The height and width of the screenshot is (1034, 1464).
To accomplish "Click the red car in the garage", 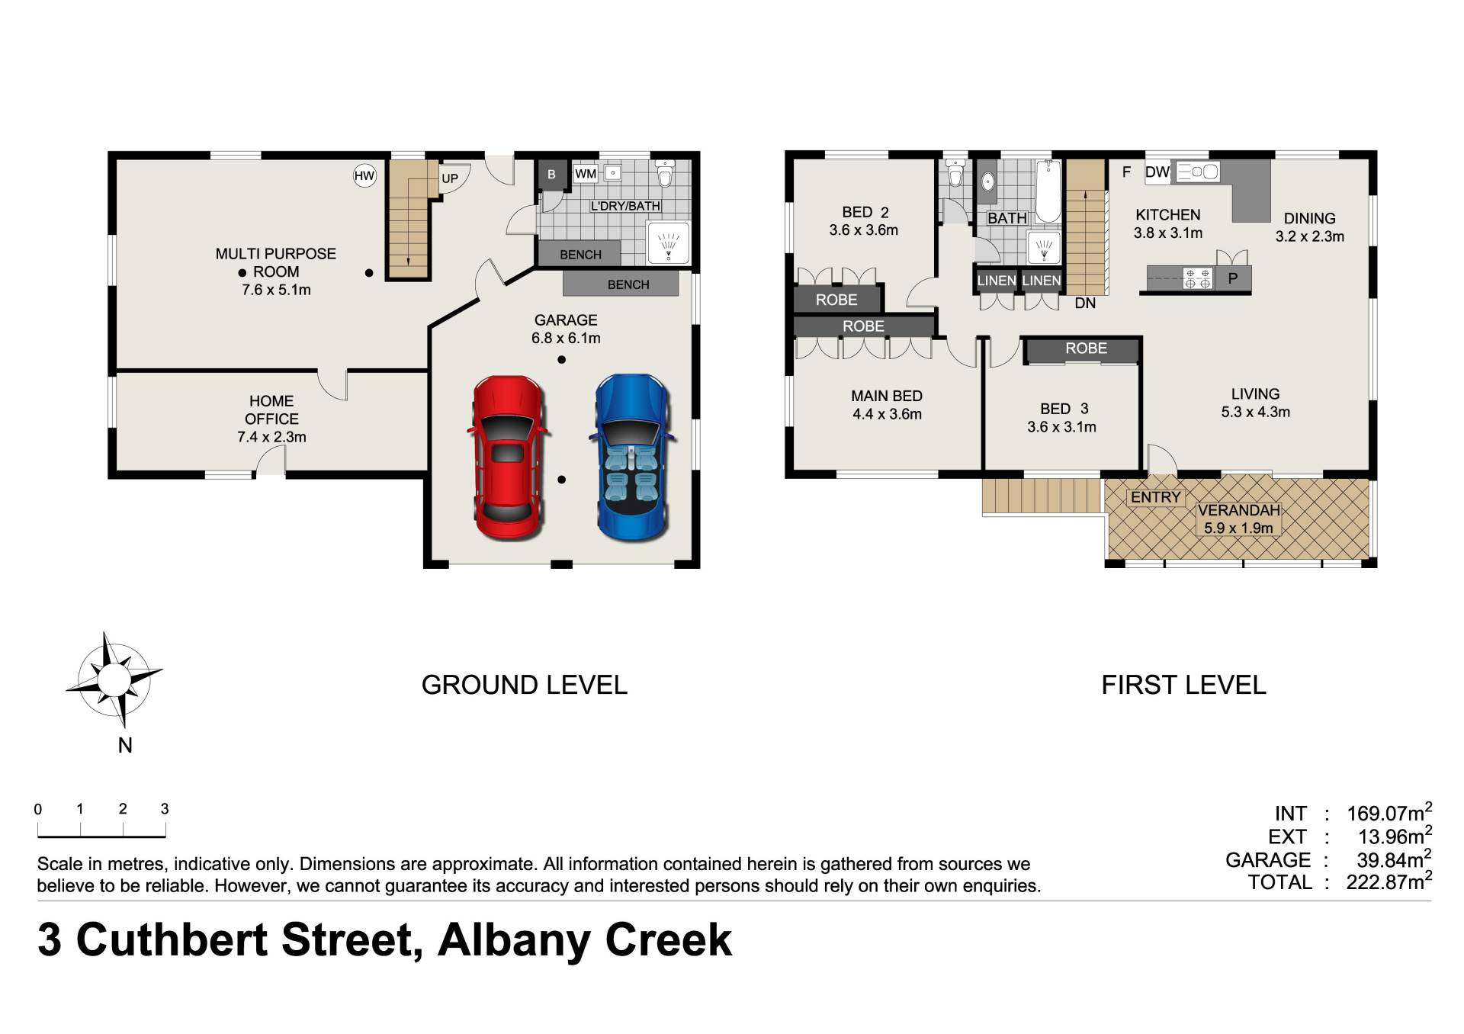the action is click(x=508, y=458).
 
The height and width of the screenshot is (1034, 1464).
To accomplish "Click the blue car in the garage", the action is click(x=631, y=458).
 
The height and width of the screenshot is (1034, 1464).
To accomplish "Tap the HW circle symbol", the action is click(x=364, y=176).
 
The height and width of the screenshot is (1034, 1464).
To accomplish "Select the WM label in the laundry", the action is click(x=586, y=174).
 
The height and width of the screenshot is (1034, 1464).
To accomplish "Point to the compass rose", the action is click(x=114, y=679).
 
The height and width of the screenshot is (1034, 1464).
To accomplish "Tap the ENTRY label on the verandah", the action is click(x=1155, y=497).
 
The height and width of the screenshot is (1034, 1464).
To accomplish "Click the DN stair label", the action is click(x=1085, y=303).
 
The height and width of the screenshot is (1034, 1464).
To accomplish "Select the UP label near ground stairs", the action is click(x=450, y=178).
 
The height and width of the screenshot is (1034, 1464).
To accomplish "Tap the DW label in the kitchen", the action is click(x=1157, y=172).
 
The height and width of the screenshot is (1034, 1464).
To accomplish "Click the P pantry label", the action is click(x=1232, y=279).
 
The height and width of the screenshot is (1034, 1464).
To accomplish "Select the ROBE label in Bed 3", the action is click(x=1086, y=348).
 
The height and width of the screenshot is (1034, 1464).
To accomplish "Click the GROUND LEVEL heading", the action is click(x=525, y=685).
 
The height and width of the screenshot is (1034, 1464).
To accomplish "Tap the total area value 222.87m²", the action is click(x=1389, y=882).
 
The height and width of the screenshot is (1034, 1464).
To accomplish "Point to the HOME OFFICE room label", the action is click(x=271, y=410).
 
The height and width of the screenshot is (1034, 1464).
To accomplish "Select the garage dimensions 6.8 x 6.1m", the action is click(x=566, y=338).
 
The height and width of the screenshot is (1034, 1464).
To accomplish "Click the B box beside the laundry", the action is click(x=551, y=175).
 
